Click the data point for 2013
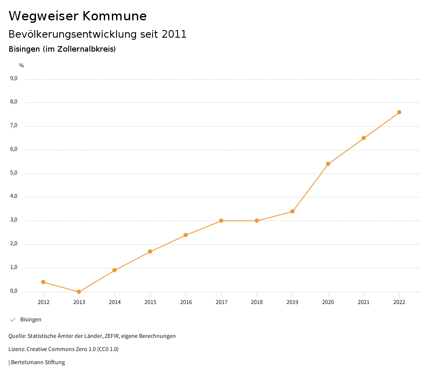click(x=79, y=292)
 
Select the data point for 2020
click(x=328, y=164)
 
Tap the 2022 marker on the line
click(x=399, y=112)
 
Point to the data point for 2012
click(x=43, y=282)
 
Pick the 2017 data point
click(x=221, y=221)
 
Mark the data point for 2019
click(x=292, y=211)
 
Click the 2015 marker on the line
click(x=150, y=252)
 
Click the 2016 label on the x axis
click(x=186, y=302)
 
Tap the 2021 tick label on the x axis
click(x=364, y=302)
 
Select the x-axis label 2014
click(x=114, y=302)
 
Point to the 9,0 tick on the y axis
click(x=14, y=78)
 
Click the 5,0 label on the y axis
click(x=14, y=173)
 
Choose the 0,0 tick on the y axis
click(x=14, y=291)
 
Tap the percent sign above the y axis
click(x=22, y=66)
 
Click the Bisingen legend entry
click(x=31, y=320)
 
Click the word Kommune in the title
click(x=114, y=16)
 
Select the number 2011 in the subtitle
click(x=174, y=34)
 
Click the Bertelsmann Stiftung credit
click(x=38, y=362)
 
